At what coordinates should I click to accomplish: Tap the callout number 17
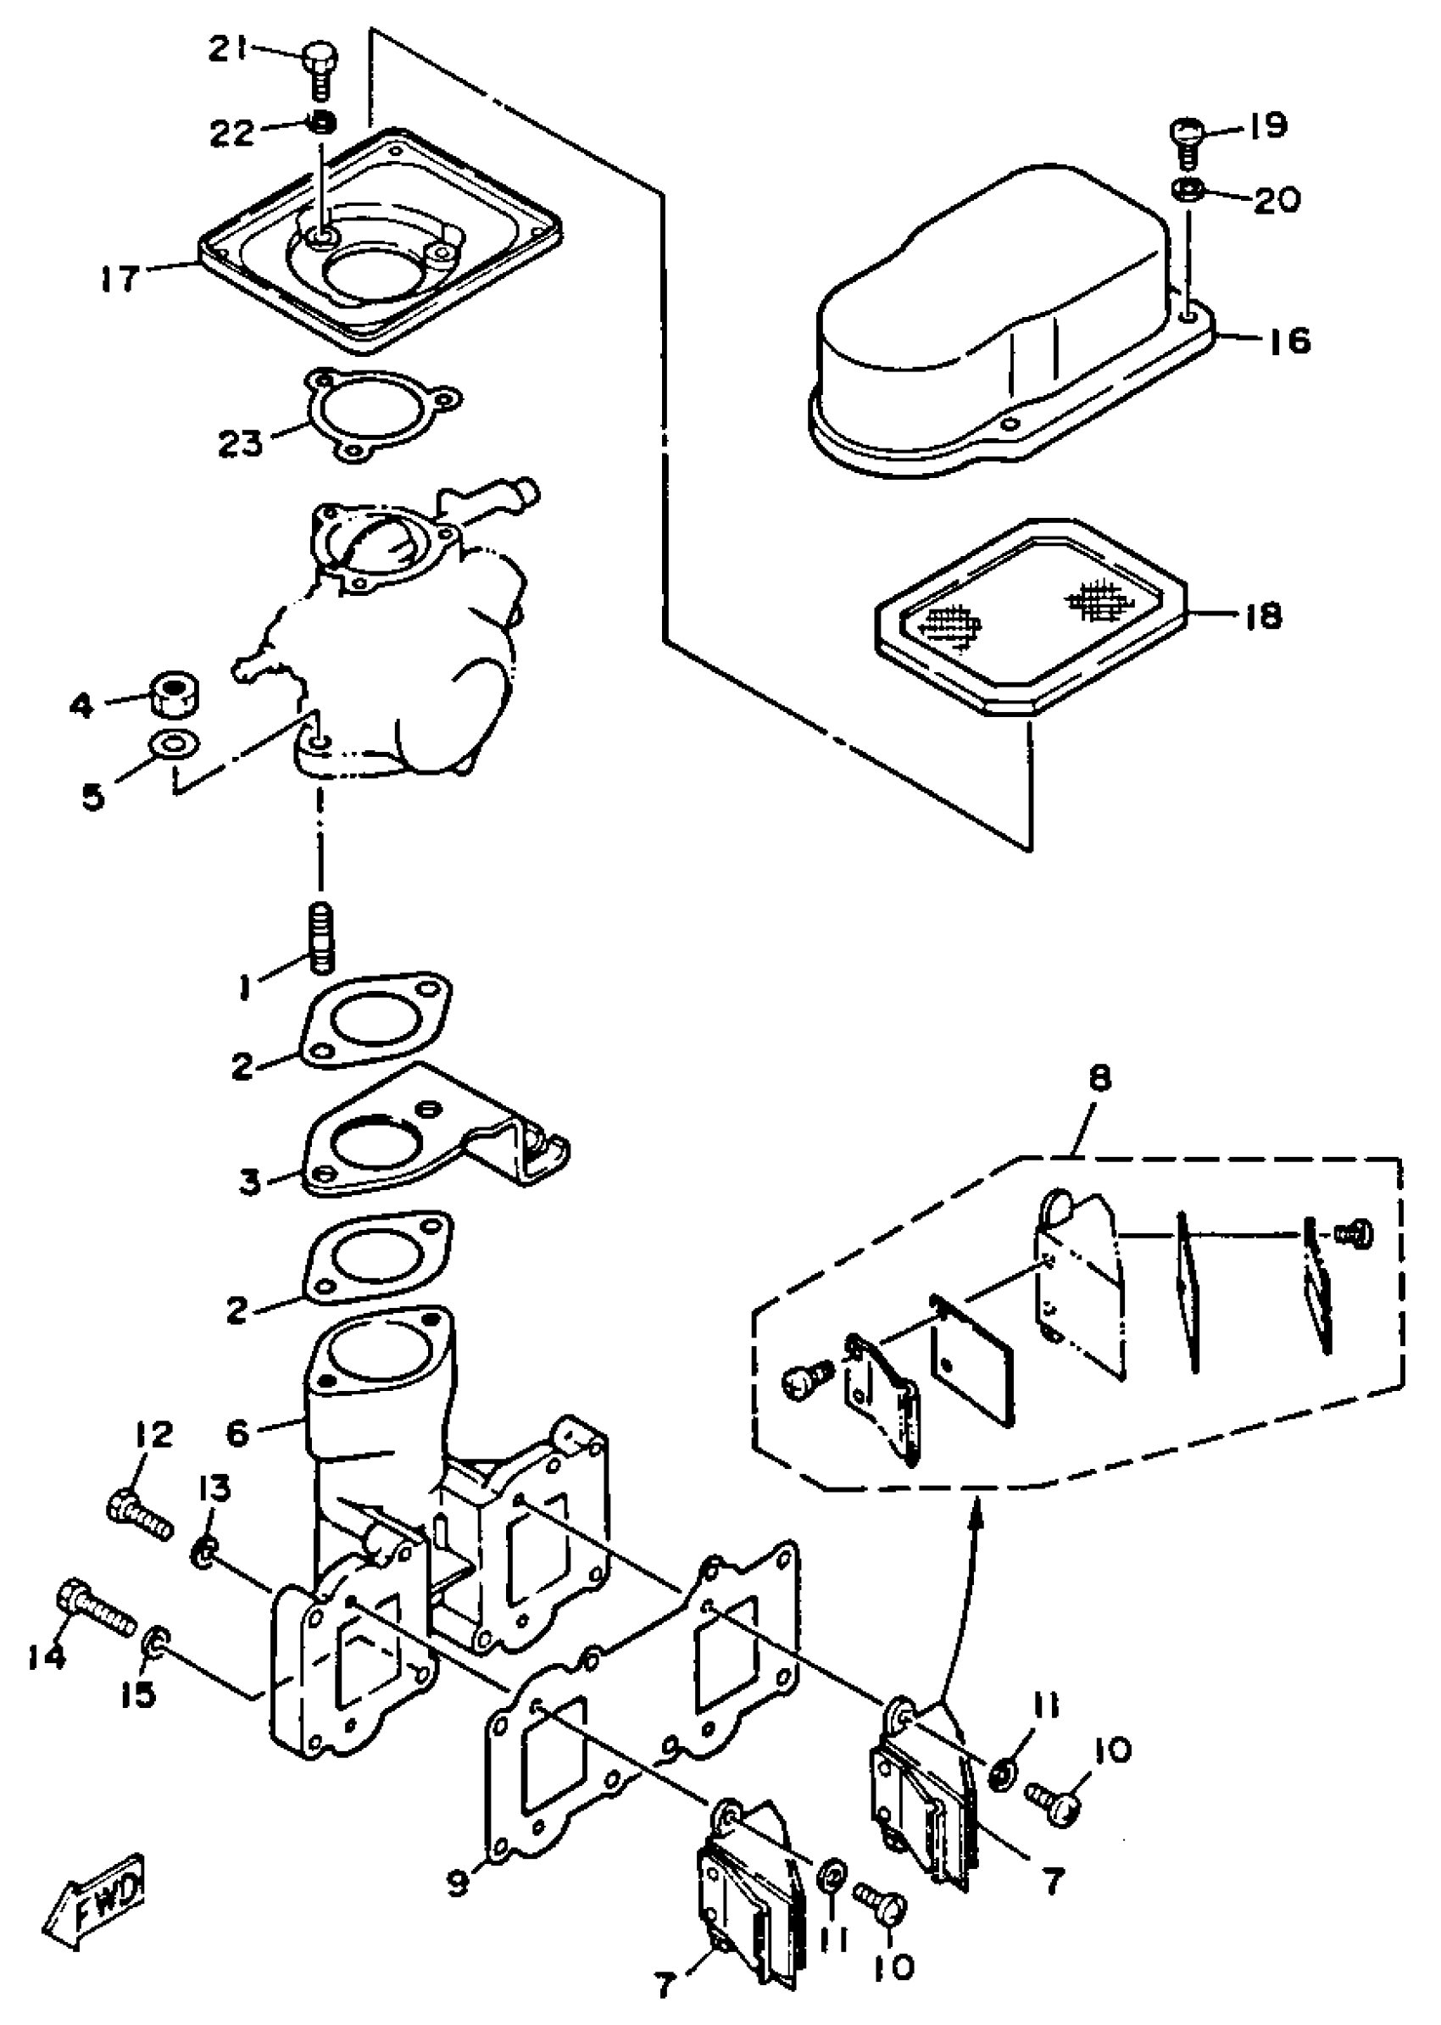pos(121,278)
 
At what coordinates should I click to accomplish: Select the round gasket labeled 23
pos(380,414)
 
